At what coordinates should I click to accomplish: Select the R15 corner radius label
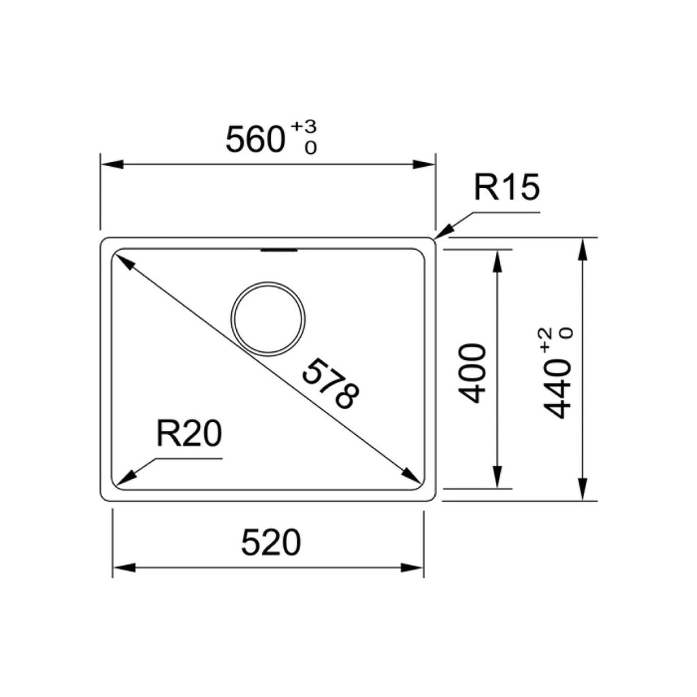(x=506, y=189)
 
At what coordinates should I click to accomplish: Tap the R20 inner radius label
(x=189, y=434)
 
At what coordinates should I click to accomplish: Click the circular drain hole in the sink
(x=268, y=318)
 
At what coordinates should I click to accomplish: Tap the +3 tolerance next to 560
(x=304, y=127)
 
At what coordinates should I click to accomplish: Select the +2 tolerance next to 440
(x=546, y=338)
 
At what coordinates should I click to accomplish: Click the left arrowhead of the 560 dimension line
(x=110, y=165)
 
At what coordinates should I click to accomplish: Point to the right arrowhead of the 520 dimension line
(x=415, y=568)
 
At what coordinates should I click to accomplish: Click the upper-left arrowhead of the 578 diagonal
(x=121, y=261)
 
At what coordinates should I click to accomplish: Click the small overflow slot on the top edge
(x=279, y=251)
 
